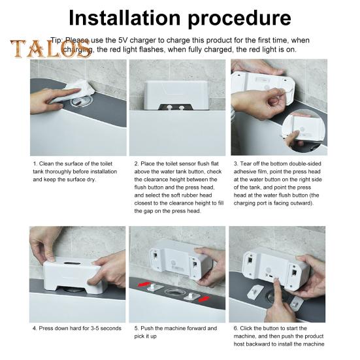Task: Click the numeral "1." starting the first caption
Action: (35, 164)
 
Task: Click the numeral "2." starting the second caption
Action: (136, 164)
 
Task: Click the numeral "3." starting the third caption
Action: (236, 164)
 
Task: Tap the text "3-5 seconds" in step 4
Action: (104, 328)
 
